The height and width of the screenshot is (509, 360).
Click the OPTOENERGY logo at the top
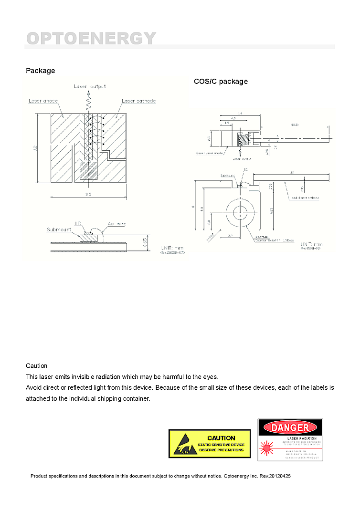(91, 38)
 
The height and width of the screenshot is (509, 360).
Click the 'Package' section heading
(41, 71)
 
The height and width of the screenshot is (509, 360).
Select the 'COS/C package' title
(221, 82)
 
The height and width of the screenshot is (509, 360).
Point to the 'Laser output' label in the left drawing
(90, 86)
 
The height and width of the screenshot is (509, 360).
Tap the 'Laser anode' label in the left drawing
(43, 101)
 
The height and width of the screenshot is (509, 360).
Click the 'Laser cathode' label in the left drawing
(138, 101)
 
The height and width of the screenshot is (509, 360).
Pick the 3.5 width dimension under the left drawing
(88, 194)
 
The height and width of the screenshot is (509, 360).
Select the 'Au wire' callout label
(116, 223)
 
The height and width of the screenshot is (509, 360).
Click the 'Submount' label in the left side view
(59, 229)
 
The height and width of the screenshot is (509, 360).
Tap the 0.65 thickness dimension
(151, 242)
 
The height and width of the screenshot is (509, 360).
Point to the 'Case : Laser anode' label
(210, 153)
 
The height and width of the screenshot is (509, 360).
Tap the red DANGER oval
(290, 427)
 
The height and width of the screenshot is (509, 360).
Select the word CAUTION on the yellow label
(221, 438)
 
